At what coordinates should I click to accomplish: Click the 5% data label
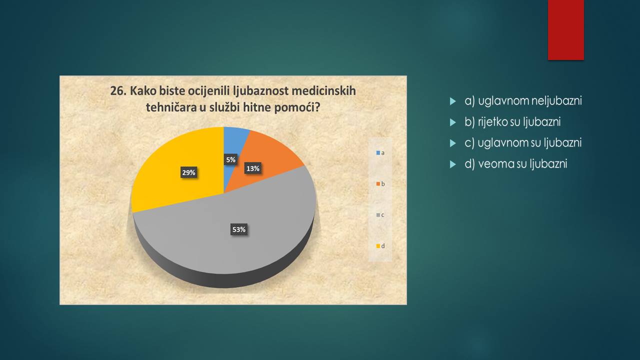tap(230, 159)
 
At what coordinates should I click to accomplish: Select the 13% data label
tap(253, 168)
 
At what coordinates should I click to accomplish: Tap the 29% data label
tap(188, 172)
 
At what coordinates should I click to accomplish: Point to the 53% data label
tap(239, 229)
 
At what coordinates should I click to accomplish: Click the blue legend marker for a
tap(378, 153)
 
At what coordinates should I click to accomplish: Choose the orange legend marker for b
tap(378, 184)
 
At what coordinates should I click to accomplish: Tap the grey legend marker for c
tap(378, 215)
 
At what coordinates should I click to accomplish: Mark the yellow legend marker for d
tap(378, 246)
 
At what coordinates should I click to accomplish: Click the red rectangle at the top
tap(565, 30)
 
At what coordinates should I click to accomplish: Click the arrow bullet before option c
tap(453, 143)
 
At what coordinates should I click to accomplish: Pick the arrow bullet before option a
tap(453, 101)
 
